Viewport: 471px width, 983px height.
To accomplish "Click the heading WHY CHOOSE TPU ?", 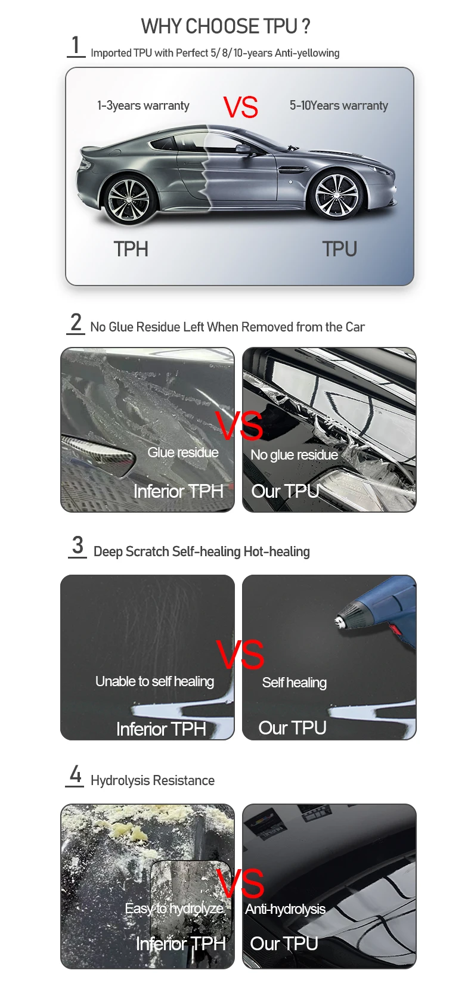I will tap(225, 26).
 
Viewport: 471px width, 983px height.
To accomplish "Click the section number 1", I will tap(76, 45).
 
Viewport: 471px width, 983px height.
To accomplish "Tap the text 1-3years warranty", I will tap(143, 106).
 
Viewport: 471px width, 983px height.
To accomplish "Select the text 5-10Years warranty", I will tap(339, 106).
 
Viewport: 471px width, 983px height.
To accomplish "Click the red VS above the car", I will tap(241, 107).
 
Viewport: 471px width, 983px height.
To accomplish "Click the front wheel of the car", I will tap(336, 196).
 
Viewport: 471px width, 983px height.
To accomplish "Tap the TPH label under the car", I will tap(131, 249).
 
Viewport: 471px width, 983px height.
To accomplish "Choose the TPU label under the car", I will tap(339, 249).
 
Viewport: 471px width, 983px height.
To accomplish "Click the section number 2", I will tap(76, 323).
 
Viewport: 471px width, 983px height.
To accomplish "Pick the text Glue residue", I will tap(182, 452).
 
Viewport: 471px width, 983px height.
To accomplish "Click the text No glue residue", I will tap(294, 455).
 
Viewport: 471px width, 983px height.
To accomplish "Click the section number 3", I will tap(78, 545).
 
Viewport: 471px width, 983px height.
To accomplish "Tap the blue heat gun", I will tap(382, 609).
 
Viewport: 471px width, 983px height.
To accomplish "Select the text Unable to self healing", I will tap(154, 681).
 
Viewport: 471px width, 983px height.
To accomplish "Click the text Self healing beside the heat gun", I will tap(294, 683).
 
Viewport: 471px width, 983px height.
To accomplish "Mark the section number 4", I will tap(75, 774).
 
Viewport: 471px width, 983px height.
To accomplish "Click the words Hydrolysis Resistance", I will tap(152, 780).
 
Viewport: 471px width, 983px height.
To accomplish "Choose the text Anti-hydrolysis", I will tap(285, 909).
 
